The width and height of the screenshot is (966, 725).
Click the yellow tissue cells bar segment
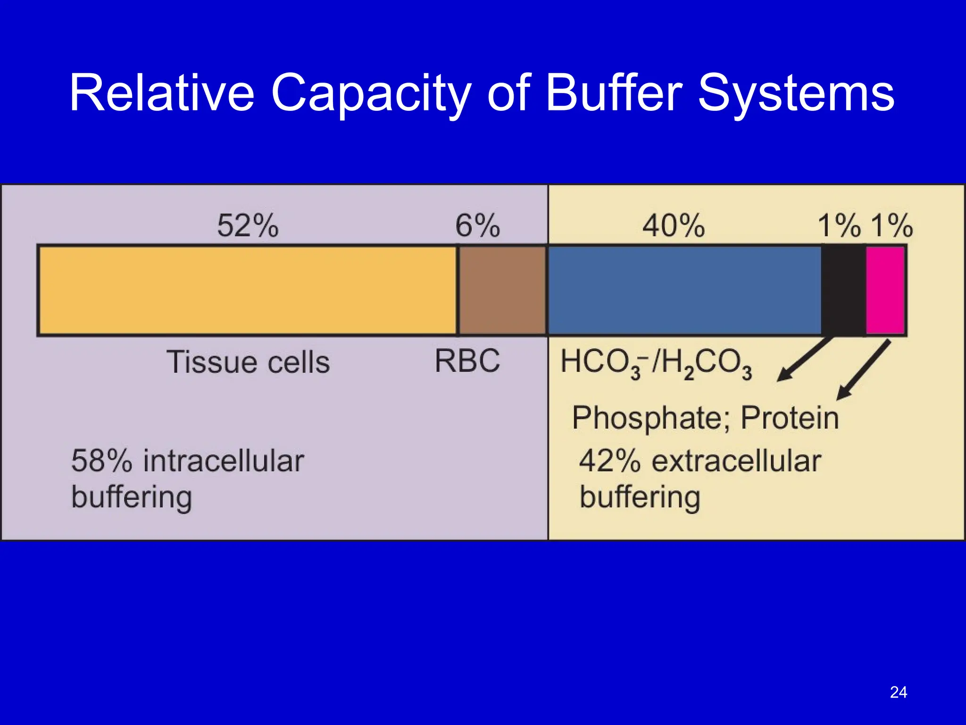point(248,290)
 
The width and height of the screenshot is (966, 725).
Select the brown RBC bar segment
point(502,290)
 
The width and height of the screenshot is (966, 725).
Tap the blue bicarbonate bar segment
point(684,290)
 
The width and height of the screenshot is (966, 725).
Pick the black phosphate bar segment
point(843,290)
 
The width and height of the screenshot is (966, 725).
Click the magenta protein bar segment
point(885,290)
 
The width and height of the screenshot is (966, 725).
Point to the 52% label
point(248,226)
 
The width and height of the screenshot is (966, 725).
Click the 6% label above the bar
point(477,226)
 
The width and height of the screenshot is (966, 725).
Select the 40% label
point(674,226)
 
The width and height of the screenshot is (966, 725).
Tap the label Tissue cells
point(248,362)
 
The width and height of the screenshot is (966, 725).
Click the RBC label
point(467,361)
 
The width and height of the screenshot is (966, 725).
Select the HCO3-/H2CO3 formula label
point(656,363)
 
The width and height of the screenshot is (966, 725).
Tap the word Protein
point(790,418)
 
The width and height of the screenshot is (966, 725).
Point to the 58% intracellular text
point(187,461)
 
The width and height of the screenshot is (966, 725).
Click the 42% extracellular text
point(700,461)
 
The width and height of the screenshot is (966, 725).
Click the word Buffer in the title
point(614,93)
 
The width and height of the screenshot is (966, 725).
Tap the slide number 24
point(898,692)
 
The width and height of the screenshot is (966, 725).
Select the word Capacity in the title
point(371,93)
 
